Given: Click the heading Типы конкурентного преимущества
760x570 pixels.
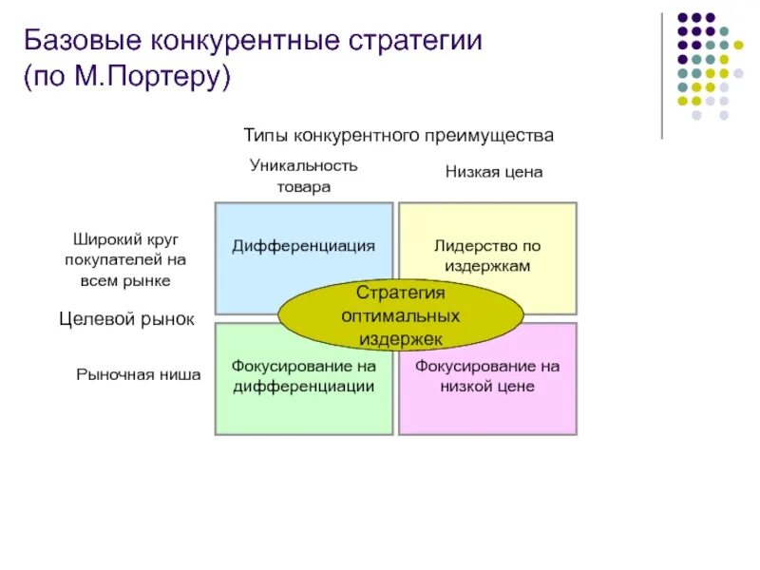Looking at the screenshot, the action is click(398, 136).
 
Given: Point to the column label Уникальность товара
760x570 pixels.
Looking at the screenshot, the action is click(303, 176).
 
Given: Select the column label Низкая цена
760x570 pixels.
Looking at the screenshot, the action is click(494, 172).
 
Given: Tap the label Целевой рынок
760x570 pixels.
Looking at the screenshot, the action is click(126, 320).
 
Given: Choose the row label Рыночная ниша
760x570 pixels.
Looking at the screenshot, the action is click(138, 374).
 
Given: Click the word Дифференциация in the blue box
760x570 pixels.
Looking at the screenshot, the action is click(303, 245).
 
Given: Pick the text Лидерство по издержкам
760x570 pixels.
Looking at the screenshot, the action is click(487, 256).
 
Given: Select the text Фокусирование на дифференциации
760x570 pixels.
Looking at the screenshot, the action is click(303, 376).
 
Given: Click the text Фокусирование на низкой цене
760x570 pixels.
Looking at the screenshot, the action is click(487, 376).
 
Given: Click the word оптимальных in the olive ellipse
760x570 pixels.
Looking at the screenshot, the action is click(400, 314).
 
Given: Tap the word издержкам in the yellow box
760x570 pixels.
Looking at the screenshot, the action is click(487, 267).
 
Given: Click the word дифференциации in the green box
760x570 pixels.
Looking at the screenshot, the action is click(303, 387).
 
